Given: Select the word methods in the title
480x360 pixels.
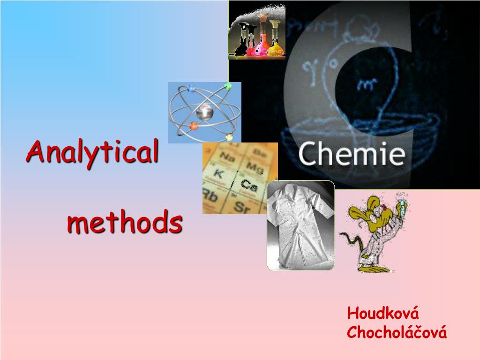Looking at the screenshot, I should (124, 223).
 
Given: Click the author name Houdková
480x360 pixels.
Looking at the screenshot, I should (382, 313).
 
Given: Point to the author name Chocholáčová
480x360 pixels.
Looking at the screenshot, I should (397, 332).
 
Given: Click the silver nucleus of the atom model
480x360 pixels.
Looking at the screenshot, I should (204, 112).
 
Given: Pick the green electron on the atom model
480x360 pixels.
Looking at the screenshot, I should (228, 86).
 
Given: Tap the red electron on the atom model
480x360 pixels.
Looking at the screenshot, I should (194, 126).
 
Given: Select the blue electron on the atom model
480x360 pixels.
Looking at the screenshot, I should (191, 88).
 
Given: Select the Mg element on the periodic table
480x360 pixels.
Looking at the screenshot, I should (255, 166).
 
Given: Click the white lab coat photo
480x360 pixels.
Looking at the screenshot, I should (300, 225).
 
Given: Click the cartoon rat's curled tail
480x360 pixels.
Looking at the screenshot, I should (349, 241).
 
